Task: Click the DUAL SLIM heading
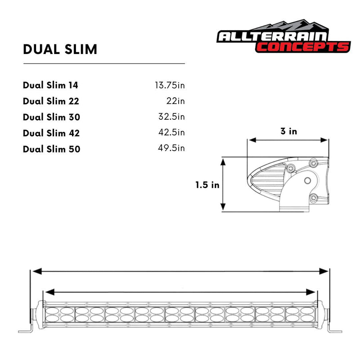[60, 49]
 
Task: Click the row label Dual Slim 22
[51, 101]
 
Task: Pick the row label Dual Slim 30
[51, 117]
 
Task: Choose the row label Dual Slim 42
[51, 133]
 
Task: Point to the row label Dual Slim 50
[51, 148]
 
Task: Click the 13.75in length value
[170, 85]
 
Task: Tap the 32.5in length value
[171, 117]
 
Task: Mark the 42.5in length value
[171, 133]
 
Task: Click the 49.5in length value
[171, 148]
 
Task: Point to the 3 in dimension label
[288, 131]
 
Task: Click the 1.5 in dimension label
[207, 184]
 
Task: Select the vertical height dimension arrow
[223, 184]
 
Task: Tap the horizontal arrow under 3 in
[288, 140]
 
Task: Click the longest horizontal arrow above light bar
[180, 271]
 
